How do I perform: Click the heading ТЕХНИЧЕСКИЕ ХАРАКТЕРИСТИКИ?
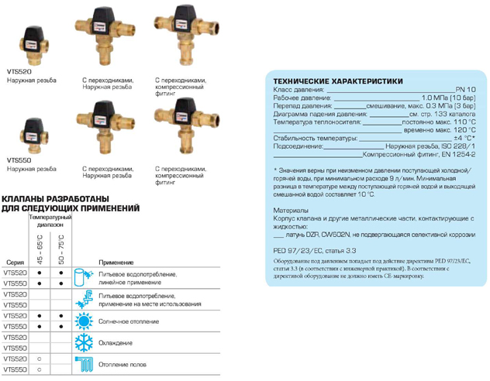pos(334,80)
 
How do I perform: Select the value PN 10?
pos(464,90)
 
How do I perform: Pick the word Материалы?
pos(292,210)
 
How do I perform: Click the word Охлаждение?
pos(116,342)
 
